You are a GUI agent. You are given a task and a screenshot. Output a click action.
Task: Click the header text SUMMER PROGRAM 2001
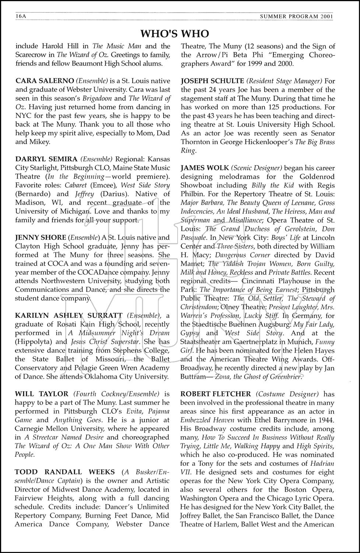coord(296,16)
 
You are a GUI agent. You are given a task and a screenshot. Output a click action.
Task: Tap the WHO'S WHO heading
coord(175,34)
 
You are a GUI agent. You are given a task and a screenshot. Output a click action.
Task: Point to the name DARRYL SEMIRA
coord(46,159)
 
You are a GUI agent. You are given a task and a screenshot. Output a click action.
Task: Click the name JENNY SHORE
coord(41,238)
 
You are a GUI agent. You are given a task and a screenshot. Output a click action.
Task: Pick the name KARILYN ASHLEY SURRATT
coord(69,316)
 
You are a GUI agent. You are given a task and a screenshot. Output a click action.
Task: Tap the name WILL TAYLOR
coord(42,394)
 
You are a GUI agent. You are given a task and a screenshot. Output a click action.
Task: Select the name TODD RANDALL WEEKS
coord(61,472)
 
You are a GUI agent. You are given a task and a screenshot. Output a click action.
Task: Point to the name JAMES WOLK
coord(205,168)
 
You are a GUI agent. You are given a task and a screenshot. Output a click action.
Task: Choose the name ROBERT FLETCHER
coord(216,394)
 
